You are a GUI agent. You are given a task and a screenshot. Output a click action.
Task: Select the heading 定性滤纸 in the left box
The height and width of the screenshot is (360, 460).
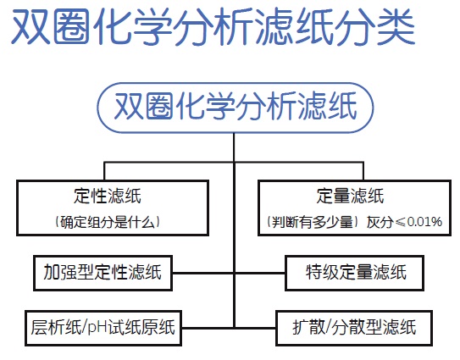coord(108,196)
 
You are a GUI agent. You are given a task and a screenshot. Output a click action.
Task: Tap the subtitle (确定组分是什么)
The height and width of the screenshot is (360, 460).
coord(108,222)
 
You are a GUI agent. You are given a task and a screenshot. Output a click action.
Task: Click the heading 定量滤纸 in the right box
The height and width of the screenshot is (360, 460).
coord(350,196)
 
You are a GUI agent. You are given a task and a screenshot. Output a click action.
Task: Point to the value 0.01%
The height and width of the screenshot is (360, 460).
coord(424,222)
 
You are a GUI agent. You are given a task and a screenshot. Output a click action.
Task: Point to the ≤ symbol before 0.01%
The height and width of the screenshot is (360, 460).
coord(401,222)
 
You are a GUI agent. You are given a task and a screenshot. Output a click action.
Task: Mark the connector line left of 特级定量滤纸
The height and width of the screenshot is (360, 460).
coord(260,273)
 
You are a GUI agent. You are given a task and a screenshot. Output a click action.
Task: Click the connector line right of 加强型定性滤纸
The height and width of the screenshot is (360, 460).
coord(203,273)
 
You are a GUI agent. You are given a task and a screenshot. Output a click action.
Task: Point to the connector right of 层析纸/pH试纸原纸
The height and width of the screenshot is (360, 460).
coord(208,328)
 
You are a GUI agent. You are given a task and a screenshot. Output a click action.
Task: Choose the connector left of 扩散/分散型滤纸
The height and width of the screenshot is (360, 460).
coord(255,328)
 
